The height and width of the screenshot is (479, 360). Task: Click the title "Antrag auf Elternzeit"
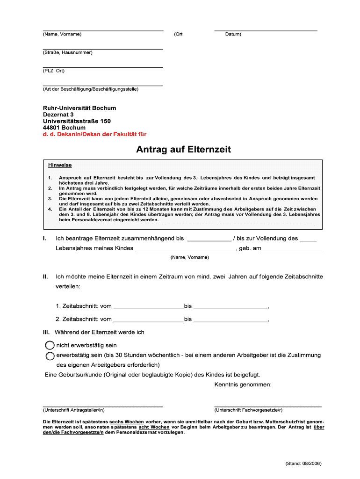pyautogui.click(x=183, y=150)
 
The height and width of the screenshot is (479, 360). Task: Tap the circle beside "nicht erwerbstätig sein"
pyautogui.click(x=50, y=345)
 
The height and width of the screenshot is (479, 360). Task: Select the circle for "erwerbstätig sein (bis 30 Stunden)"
pyautogui.click(x=50, y=356)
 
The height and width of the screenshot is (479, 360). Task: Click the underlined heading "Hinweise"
pyautogui.click(x=60, y=165)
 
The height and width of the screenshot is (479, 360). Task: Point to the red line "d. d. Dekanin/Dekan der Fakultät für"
pyautogui.click(x=94, y=134)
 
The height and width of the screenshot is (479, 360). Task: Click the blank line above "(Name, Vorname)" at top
pyautogui.click(x=103, y=29)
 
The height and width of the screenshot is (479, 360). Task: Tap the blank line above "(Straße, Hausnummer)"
pyautogui.click(x=103, y=48)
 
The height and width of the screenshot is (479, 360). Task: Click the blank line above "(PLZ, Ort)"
pyautogui.click(x=103, y=67)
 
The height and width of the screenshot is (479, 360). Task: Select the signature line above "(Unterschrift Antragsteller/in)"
pyautogui.click(x=103, y=406)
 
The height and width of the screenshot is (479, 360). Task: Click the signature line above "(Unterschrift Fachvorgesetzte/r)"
pyautogui.click(x=267, y=406)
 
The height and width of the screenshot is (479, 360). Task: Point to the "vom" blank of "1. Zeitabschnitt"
pyautogui.click(x=148, y=307)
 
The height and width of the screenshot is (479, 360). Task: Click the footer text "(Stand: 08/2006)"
pyautogui.click(x=303, y=464)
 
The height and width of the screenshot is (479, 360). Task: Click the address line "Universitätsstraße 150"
pyautogui.click(x=77, y=121)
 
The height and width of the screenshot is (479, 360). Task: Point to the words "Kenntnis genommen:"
pyautogui.click(x=243, y=385)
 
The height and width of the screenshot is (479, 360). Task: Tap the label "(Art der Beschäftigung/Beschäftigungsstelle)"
pyautogui.click(x=91, y=89)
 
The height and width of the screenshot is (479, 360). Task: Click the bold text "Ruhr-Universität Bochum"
pyautogui.click(x=79, y=108)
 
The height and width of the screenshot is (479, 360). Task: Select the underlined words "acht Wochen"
pyautogui.click(x=154, y=427)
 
